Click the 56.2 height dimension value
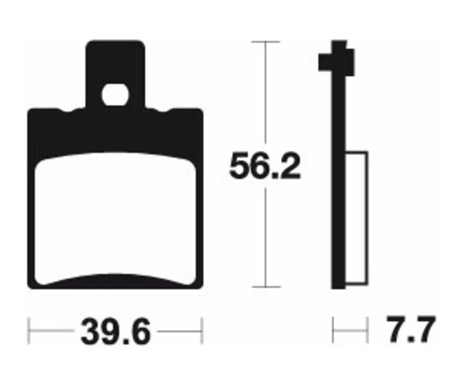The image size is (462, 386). click(x=264, y=165)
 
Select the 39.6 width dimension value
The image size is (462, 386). click(x=115, y=332)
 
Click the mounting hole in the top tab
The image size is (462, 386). click(x=115, y=95)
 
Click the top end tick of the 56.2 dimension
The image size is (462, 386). click(x=265, y=42)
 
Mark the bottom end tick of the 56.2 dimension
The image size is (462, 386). click(x=265, y=287)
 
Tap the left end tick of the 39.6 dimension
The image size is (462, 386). click(x=29, y=331)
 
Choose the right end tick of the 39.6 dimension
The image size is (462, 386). click(x=203, y=331)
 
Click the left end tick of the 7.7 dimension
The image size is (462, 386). click(x=334, y=330)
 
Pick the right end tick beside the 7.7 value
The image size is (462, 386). click(x=368, y=330)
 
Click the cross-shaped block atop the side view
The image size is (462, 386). click(x=337, y=59)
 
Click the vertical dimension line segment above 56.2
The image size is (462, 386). click(x=265, y=92)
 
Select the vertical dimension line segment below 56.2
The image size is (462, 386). click(x=265, y=236)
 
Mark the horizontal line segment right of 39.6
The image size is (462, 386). click(x=180, y=331)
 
